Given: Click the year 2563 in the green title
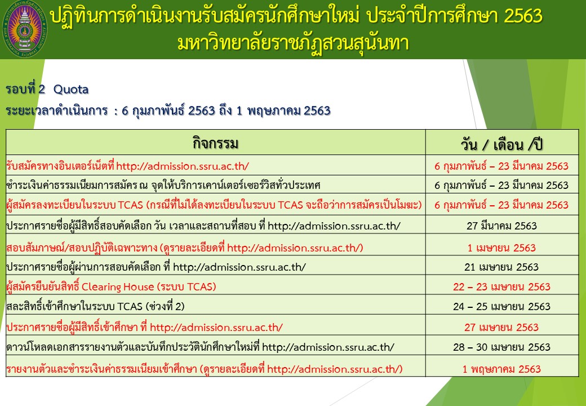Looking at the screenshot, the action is pos(523,16).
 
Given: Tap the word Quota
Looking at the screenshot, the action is pos(71,89).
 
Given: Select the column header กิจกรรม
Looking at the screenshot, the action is pos(215,143).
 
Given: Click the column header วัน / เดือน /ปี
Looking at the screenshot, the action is pos(501,144).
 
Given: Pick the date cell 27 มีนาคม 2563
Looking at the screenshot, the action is pos(501,226).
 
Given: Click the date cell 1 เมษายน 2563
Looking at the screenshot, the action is pos(501,248).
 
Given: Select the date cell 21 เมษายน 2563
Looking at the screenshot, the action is pos(501,267).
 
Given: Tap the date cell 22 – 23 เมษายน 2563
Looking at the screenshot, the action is pos(501,287).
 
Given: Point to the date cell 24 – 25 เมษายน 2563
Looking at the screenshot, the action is pos(501,307).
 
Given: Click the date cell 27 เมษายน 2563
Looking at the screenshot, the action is pos(501,328).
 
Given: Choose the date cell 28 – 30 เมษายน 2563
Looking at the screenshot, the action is pos(501,347).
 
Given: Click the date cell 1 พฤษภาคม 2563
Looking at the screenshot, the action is pos(501,369).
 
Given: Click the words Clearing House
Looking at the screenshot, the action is pos(118,287).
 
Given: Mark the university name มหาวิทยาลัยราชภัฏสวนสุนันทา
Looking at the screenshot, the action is pos(294,43).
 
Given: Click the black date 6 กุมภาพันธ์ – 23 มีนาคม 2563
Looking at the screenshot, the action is pos(501,186).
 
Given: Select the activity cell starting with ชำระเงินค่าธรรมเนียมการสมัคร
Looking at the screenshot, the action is pos(163,186).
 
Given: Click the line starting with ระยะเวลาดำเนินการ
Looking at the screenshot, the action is pos(168,111).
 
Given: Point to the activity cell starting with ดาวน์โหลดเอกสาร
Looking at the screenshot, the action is pos(201,347).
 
